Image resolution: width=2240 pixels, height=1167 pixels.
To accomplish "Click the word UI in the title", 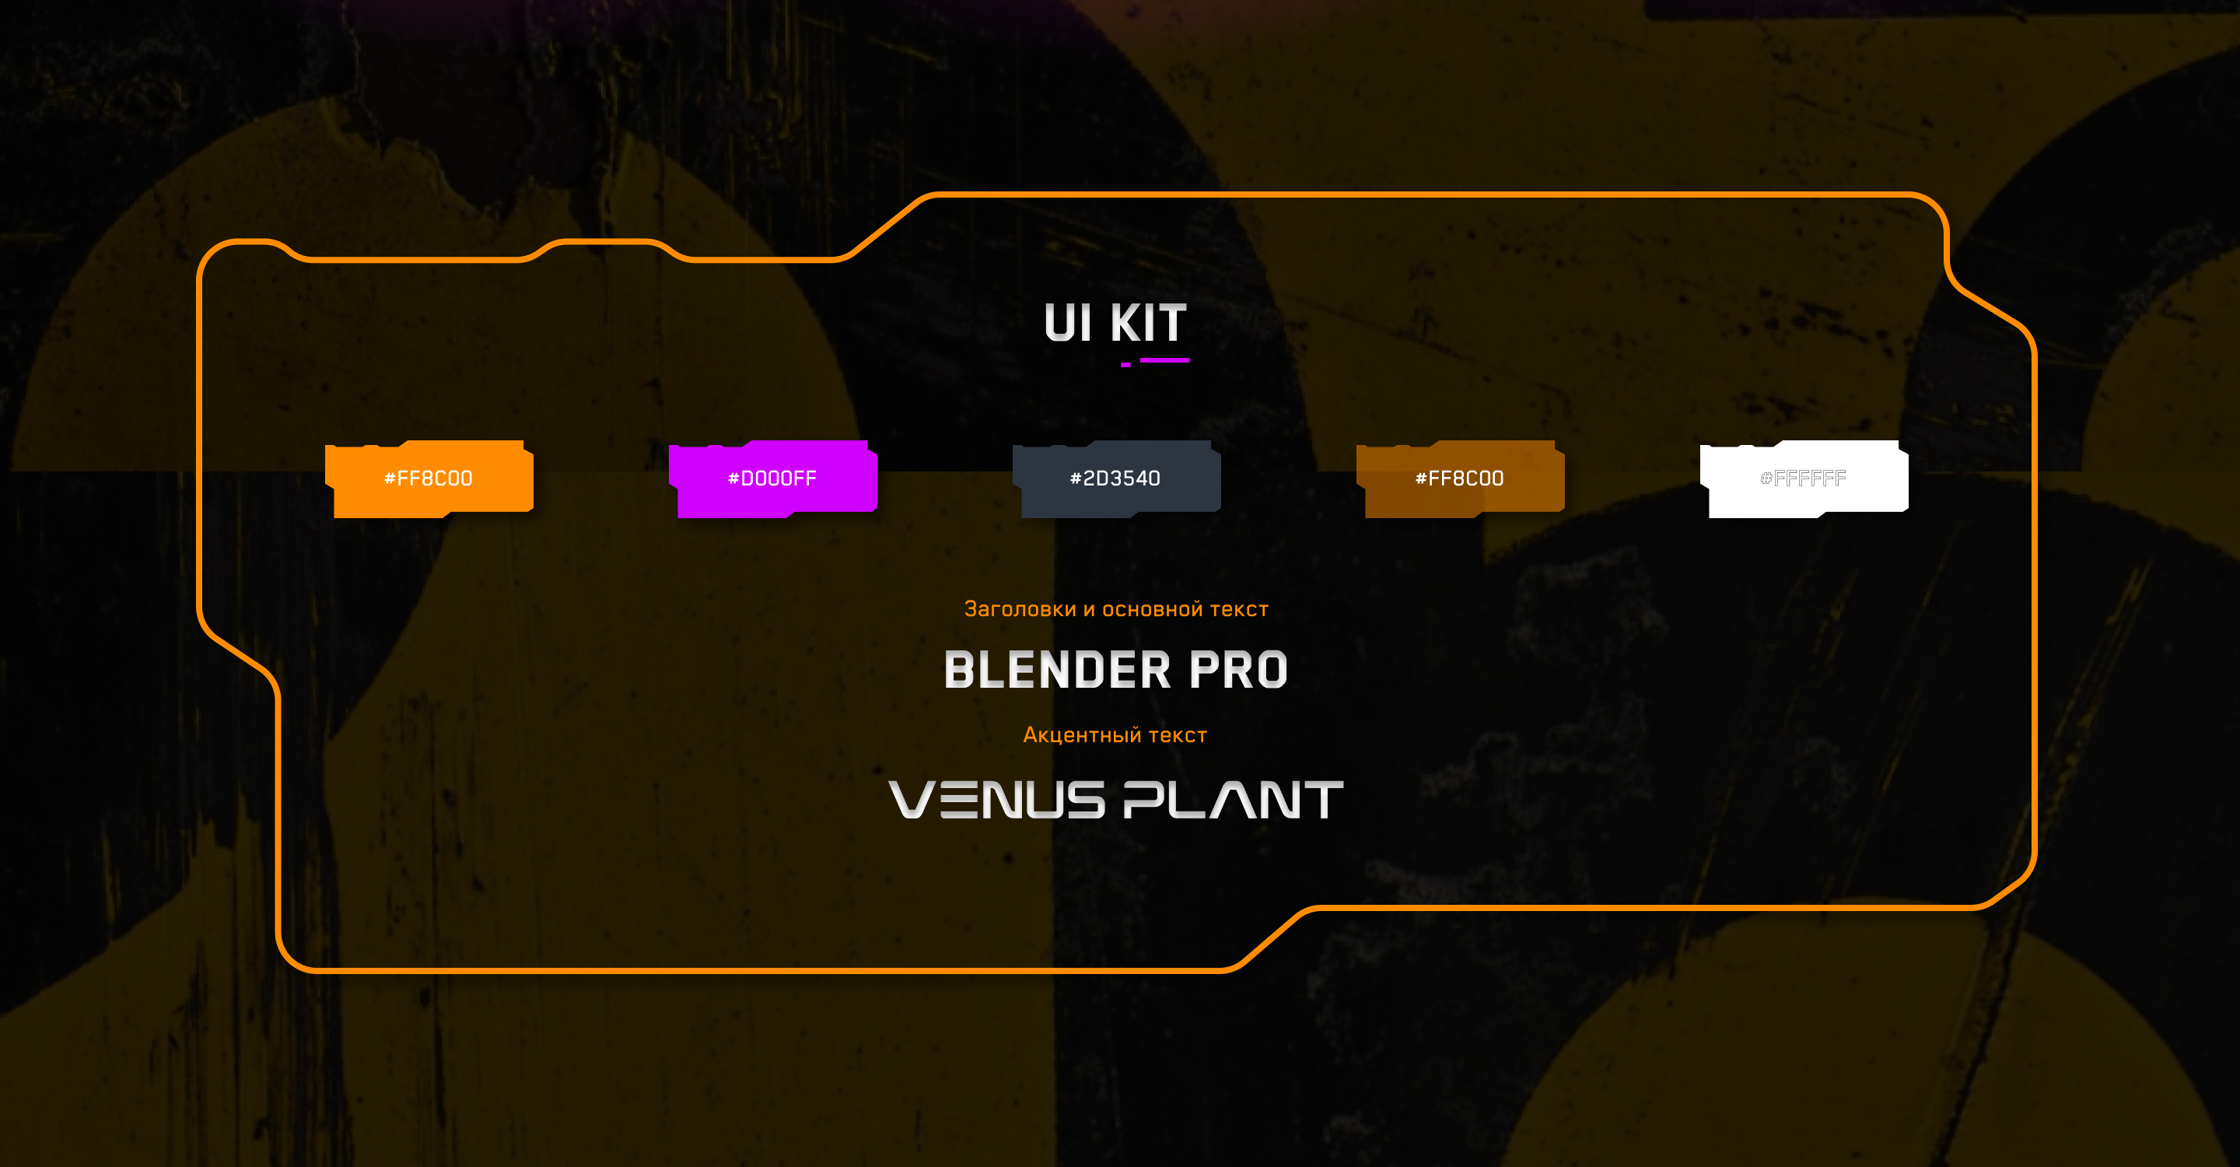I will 1067,324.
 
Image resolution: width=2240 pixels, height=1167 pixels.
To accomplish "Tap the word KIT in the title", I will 1148,324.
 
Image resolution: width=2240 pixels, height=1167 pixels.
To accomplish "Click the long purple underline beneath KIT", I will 1164,360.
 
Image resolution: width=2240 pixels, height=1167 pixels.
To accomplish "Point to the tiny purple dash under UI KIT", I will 1125,365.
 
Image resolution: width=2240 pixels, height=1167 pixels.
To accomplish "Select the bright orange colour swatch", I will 429,478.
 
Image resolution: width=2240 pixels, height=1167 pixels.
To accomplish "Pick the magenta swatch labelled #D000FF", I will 772,478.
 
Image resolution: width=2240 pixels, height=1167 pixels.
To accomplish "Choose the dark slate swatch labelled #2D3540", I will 1115,478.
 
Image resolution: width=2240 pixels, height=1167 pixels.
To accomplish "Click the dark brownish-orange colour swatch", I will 1460,478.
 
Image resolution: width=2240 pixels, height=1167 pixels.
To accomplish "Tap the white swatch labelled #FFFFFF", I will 1804,478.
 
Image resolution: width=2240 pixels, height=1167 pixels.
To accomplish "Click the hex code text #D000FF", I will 772,478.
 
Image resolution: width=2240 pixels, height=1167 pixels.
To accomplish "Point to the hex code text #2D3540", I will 1115,478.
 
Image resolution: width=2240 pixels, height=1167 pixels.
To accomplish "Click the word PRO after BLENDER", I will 1238,671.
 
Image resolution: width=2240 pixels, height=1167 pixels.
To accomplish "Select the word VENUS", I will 996,799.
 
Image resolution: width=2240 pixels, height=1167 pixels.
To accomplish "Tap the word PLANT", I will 1233,799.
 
